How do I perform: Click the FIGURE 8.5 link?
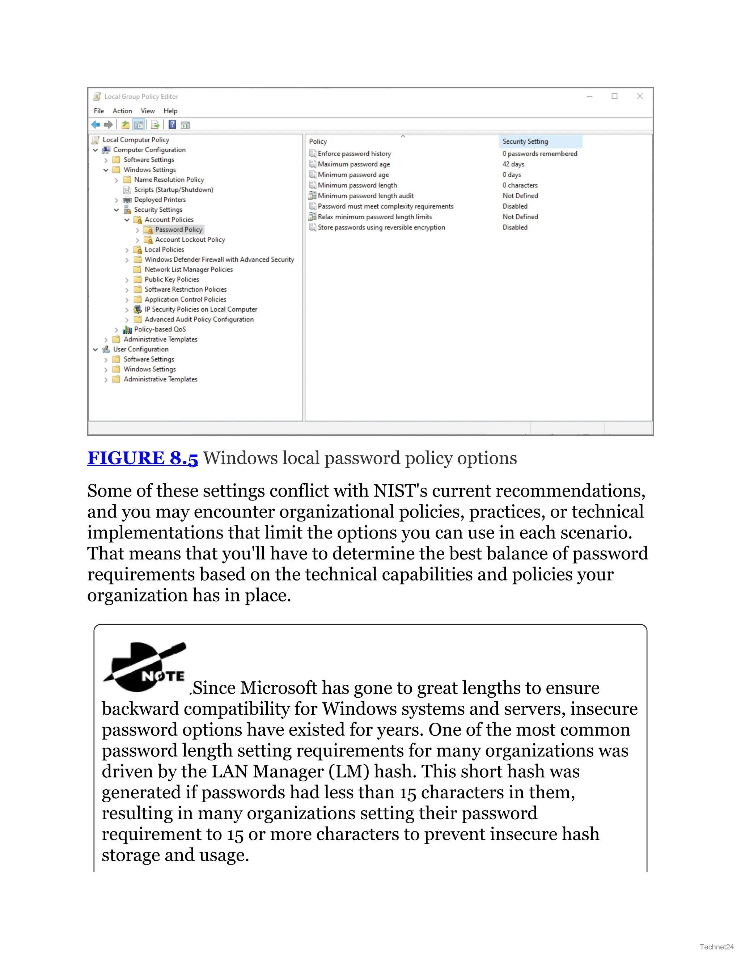[x=142, y=458]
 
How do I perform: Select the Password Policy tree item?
[x=178, y=230]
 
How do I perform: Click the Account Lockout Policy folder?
[x=190, y=240]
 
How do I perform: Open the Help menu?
[x=170, y=111]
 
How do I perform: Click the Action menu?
[x=122, y=111]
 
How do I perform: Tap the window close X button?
[x=640, y=97]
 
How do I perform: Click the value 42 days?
[x=513, y=164]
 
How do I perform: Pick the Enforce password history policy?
[x=354, y=154]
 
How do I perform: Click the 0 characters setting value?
[x=520, y=185]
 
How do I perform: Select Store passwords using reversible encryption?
[x=381, y=228]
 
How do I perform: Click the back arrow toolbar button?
[x=96, y=125]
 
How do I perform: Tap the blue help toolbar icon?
[x=172, y=125]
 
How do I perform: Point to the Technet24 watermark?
[x=716, y=947]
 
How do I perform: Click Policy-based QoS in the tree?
[x=160, y=329]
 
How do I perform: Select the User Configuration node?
[x=140, y=350]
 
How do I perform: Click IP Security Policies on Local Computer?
[x=200, y=309]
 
